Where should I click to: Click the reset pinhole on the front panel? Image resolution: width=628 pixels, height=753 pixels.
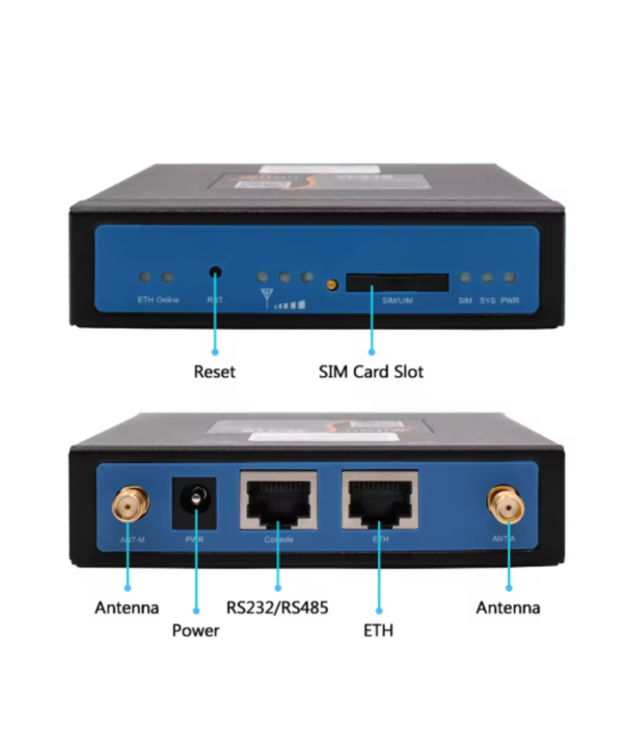[x=215, y=273]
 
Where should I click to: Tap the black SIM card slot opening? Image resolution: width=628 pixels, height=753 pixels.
[x=397, y=283]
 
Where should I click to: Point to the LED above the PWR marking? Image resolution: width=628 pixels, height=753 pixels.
[x=510, y=277]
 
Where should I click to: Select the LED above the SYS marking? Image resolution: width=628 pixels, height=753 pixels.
[x=487, y=277]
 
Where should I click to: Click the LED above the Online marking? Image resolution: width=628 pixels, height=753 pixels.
[x=168, y=276]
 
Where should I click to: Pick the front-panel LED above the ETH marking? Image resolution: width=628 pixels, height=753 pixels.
[x=145, y=276]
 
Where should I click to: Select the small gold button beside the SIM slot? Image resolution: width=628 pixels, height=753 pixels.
[x=332, y=285]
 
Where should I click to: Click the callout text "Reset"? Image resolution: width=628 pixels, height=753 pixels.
[x=215, y=371]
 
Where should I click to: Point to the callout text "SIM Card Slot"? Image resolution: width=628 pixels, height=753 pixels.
[x=371, y=371]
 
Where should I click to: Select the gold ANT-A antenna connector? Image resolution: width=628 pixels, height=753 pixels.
[x=506, y=503]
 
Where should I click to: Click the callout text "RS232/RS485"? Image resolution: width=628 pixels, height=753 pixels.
[x=278, y=607]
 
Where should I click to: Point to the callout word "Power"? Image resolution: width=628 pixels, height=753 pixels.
[x=196, y=630]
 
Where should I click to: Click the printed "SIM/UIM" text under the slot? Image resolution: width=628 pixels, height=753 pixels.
[x=398, y=301]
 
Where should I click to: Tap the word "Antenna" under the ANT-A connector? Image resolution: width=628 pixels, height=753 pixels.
[x=508, y=607]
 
